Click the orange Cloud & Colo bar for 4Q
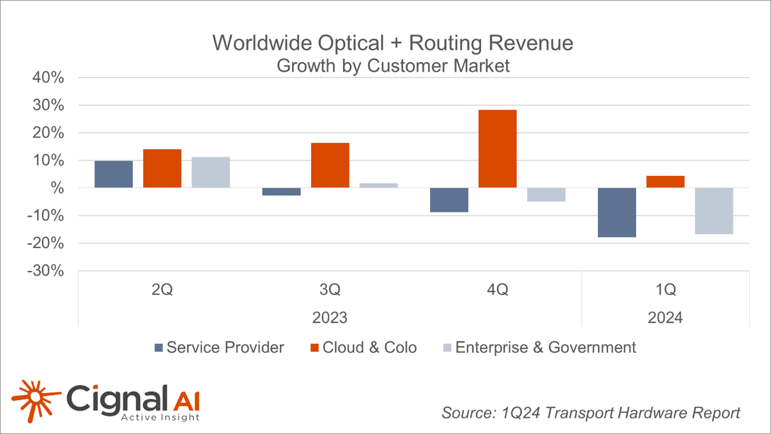coord(497,149)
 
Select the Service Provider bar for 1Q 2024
coord(616,212)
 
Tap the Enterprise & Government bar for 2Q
coord(210,172)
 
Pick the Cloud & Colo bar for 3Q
coord(330,165)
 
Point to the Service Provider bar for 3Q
coord(281,191)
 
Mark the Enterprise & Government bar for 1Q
coord(714,211)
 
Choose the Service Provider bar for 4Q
coord(449,200)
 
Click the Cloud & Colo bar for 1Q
coord(665,182)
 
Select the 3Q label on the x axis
coord(330,290)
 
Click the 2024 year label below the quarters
coord(665,318)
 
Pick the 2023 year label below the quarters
coord(330,318)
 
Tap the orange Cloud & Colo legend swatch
coord(314,348)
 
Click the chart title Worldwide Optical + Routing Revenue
coord(393,43)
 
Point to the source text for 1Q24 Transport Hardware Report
coord(590,413)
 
